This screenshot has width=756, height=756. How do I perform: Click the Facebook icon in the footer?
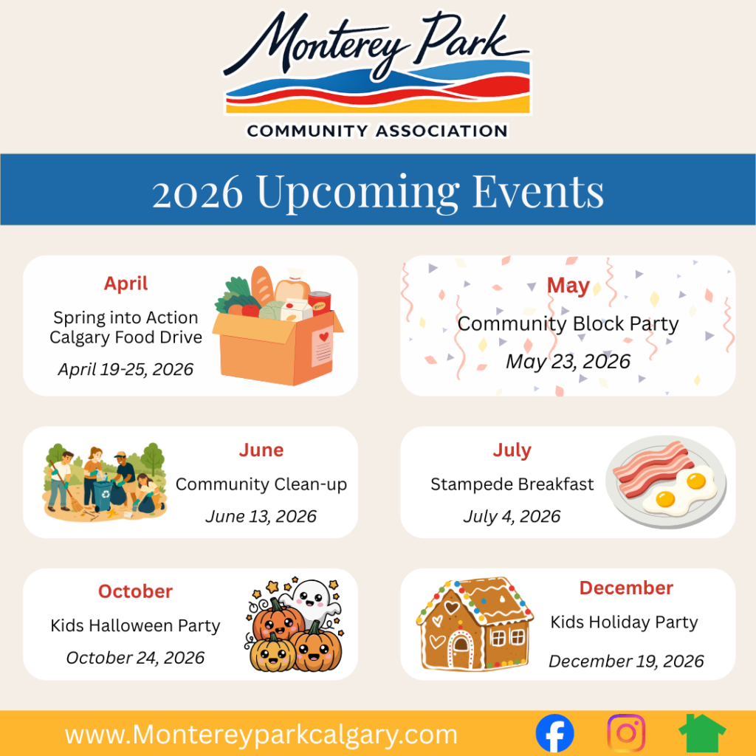coord(554,733)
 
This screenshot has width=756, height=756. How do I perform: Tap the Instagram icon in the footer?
coord(626,733)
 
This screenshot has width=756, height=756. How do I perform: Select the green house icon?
coord(702,733)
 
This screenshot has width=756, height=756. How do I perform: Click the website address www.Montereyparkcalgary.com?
coord(261,735)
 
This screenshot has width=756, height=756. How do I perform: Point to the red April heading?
coord(126,284)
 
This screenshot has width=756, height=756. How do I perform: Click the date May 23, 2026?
coord(568,362)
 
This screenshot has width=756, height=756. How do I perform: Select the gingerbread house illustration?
coord(475,624)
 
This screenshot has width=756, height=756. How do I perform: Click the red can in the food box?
coord(320,303)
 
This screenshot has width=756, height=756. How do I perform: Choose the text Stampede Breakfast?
coord(512,484)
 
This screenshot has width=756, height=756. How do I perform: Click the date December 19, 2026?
coord(626,661)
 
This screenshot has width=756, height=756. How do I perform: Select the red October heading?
coord(136,591)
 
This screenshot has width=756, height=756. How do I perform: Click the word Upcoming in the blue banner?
coord(358,193)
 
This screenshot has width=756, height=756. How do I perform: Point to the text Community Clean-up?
coord(261,484)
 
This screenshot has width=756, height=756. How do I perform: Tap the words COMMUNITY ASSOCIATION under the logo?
coord(377,131)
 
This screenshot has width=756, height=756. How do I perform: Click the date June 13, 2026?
coord(261,516)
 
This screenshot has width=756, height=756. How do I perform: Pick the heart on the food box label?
coord(324,337)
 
